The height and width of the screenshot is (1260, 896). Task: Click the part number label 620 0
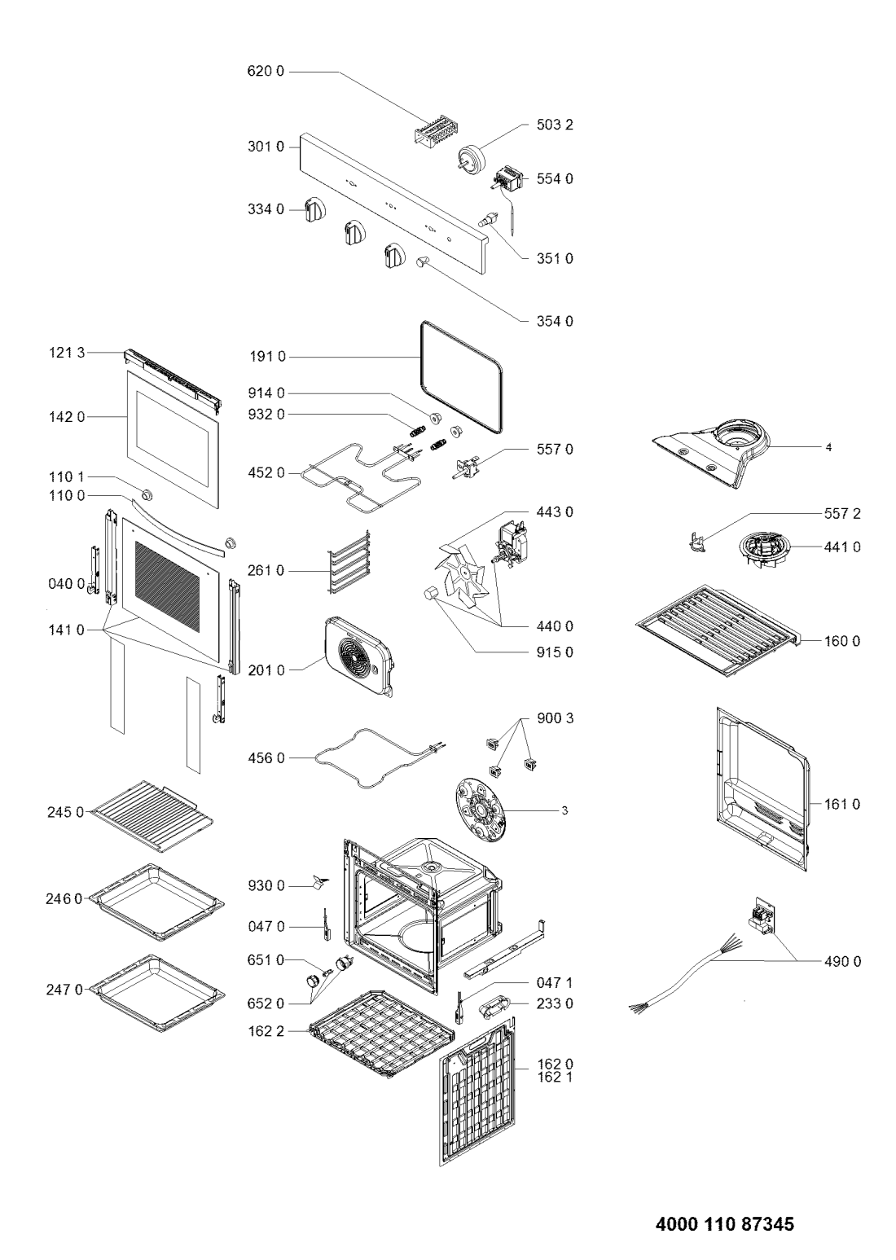266,72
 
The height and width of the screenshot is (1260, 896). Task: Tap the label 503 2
555,125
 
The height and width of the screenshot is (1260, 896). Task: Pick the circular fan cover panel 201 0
358,656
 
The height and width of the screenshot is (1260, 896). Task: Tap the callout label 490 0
842,961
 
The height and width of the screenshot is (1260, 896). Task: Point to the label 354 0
555,321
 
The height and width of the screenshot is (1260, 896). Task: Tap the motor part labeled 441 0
762,552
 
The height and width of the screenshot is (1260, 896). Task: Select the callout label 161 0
842,805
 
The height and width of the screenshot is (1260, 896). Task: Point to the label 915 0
555,652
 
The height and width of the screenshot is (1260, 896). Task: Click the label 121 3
66,353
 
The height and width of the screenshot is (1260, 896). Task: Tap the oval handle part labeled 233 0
494,1004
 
